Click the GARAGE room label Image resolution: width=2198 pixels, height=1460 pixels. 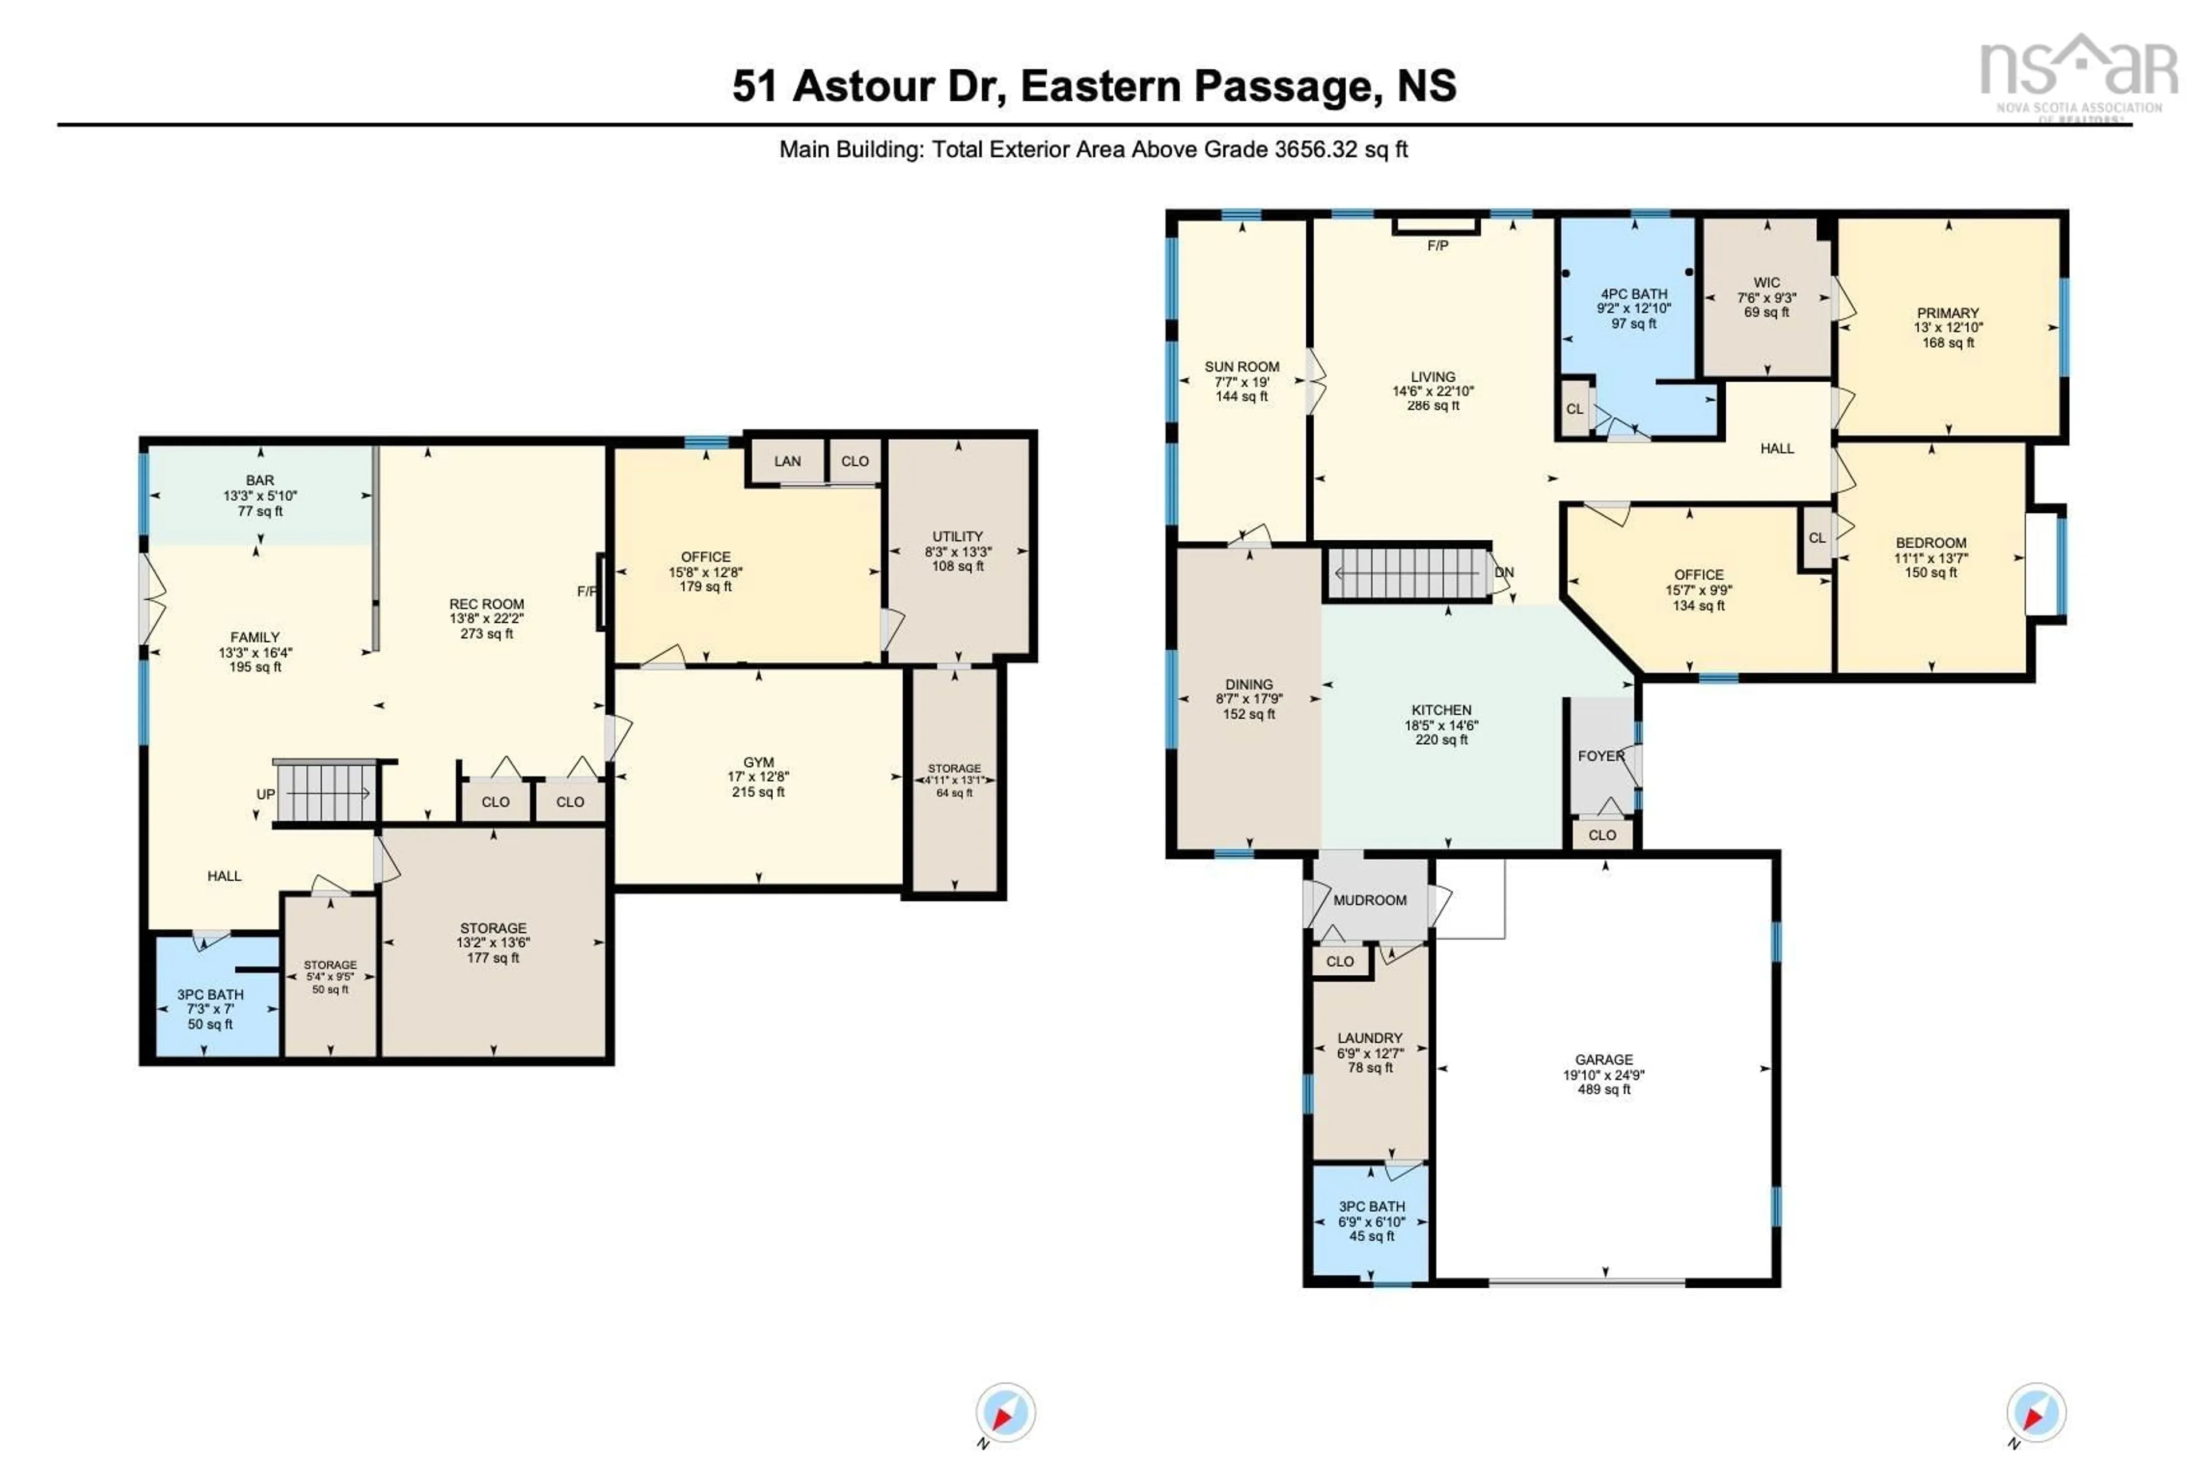click(1603, 1059)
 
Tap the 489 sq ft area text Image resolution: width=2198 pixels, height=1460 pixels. click(1603, 1089)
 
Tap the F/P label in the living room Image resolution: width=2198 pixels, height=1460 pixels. click(1437, 246)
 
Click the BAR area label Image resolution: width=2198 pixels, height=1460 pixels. click(260, 480)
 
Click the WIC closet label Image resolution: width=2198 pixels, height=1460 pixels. click(1766, 282)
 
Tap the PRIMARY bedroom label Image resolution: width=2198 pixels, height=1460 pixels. click(1947, 313)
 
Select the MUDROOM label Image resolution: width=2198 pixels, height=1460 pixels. click(1369, 900)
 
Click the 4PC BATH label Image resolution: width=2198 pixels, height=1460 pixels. click(1634, 293)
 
